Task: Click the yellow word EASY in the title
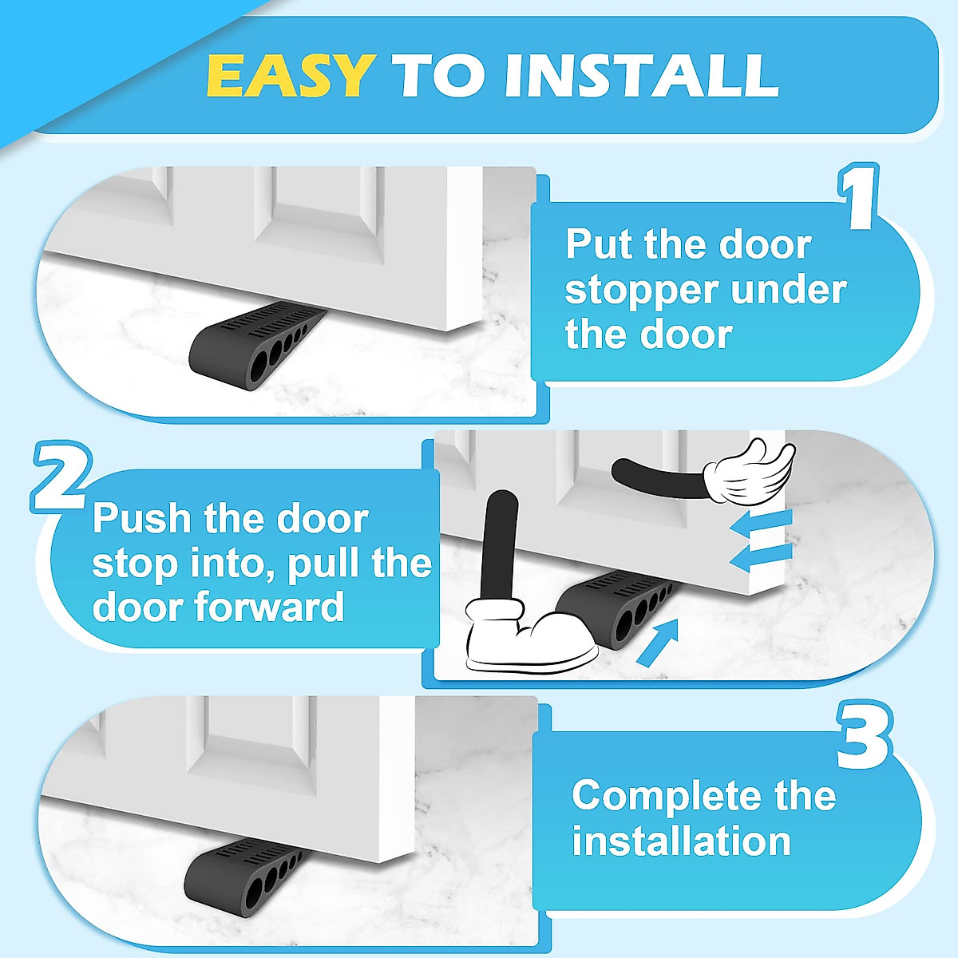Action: (290, 77)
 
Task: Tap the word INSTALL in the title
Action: (641, 77)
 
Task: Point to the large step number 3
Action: (864, 736)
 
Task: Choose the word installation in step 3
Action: (681, 841)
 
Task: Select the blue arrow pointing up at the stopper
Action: (659, 640)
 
